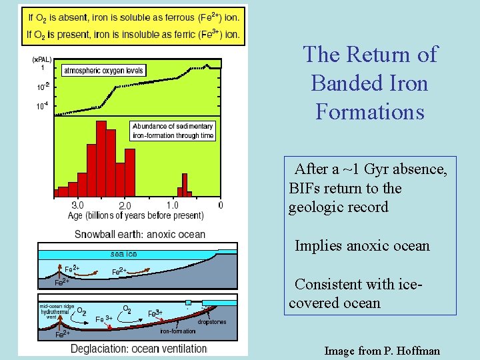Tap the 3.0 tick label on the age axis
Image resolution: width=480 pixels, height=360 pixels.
click(x=77, y=205)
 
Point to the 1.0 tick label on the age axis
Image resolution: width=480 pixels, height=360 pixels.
click(x=172, y=205)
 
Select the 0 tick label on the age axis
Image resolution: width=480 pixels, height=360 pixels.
click(x=221, y=205)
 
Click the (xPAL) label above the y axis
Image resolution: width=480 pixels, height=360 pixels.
click(x=41, y=59)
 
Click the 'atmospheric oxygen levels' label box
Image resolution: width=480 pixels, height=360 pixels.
click(x=103, y=71)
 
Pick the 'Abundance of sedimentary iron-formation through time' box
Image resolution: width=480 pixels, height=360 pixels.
click(x=173, y=131)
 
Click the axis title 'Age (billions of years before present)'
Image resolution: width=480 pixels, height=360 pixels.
click(x=136, y=215)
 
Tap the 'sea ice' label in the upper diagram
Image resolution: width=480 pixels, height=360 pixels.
click(x=123, y=253)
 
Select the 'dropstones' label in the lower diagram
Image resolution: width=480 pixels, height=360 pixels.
click(x=212, y=322)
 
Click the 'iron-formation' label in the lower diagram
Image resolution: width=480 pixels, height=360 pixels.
click(x=178, y=331)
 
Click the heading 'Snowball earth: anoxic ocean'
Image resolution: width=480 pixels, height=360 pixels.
click(x=140, y=234)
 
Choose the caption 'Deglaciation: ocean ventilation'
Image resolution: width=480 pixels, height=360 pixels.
click(x=139, y=348)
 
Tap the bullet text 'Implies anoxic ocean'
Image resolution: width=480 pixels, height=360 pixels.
click(x=362, y=246)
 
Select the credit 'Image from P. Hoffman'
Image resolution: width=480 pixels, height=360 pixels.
click(x=381, y=350)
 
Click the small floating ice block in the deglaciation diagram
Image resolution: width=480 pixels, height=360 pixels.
click(x=188, y=303)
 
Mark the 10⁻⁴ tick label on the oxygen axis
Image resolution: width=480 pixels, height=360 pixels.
click(x=41, y=105)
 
